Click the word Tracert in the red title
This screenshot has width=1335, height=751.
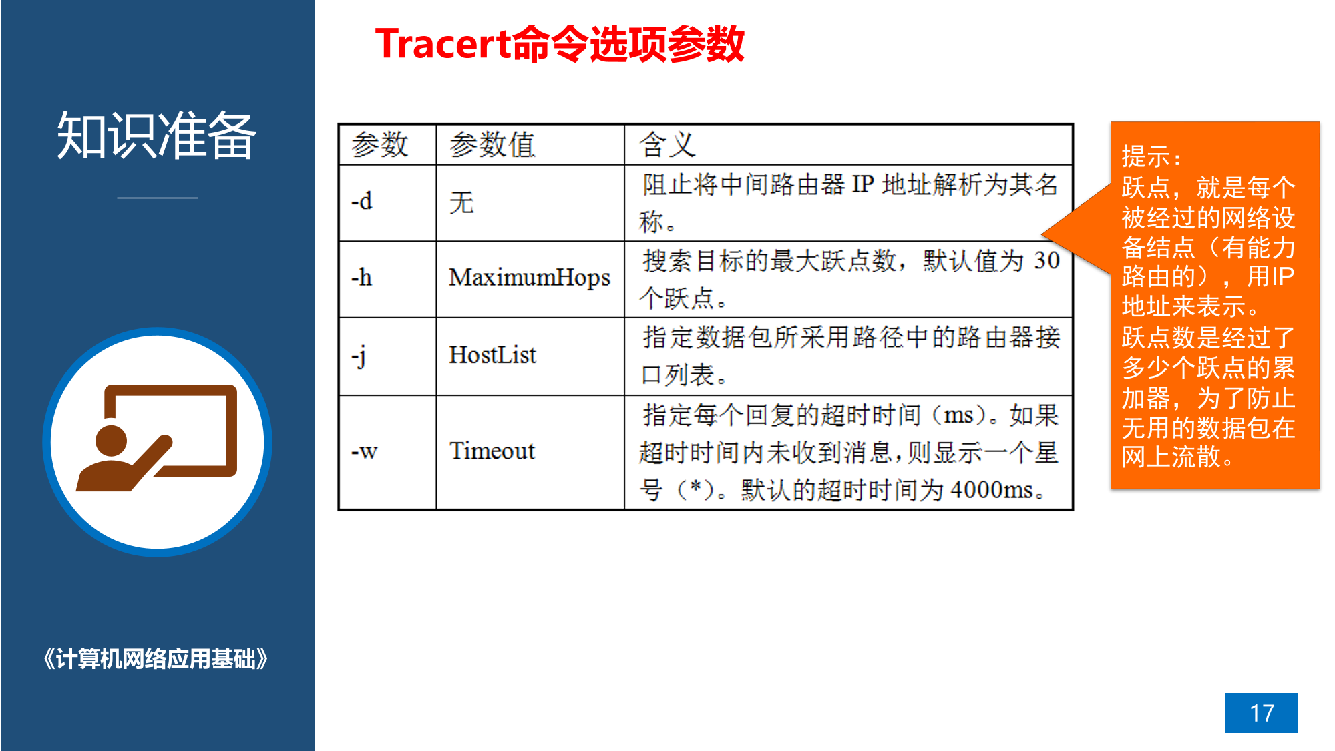tap(443, 44)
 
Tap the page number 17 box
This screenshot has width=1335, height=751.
tap(1261, 712)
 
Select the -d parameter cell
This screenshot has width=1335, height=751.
tap(387, 202)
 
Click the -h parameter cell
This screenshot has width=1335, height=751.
tap(387, 279)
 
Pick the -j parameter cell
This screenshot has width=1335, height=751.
tap(387, 356)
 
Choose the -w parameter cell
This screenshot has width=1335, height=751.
tap(387, 452)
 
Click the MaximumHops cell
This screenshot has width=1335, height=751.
tap(530, 279)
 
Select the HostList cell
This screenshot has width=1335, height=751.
tap(530, 356)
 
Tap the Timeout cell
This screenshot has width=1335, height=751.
tap(530, 452)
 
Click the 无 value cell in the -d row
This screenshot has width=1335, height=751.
tap(530, 202)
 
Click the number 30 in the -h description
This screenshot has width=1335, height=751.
tap(1046, 260)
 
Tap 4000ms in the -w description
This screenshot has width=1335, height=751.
tap(992, 490)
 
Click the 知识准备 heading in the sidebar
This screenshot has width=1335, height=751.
tap(157, 136)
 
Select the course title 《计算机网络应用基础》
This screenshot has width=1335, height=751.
tap(156, 659)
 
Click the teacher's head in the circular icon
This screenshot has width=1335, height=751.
tap(111, 441)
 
